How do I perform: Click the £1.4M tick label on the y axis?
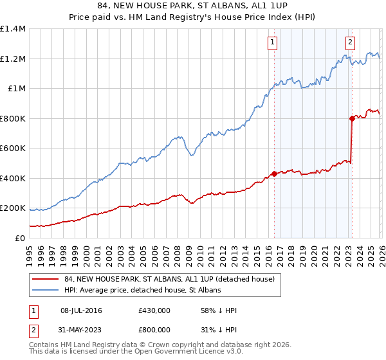point(13,29)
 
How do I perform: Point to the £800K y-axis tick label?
point(13,118)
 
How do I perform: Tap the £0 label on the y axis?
point(19,238)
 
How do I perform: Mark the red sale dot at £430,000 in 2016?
point(274,174)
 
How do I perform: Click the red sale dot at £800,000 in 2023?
point(352,118)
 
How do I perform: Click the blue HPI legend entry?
point(142,291)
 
